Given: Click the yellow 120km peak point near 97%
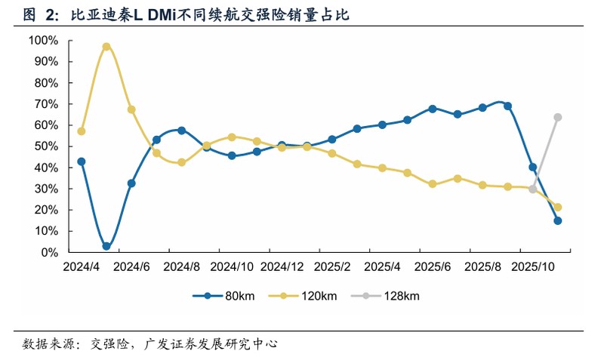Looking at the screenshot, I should [106, 47].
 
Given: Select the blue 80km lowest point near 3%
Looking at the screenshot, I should [106, 246].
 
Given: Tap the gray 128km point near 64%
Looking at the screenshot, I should [558, 117].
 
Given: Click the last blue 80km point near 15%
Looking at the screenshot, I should [558, 221].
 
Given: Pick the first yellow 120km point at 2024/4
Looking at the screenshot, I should [82, 131].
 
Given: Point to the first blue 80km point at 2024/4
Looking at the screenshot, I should [82, 162].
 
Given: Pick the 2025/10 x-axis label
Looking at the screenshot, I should [535, 267].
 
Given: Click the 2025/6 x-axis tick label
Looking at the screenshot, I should [433, 267].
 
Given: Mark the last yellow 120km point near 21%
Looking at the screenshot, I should [558, 207].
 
